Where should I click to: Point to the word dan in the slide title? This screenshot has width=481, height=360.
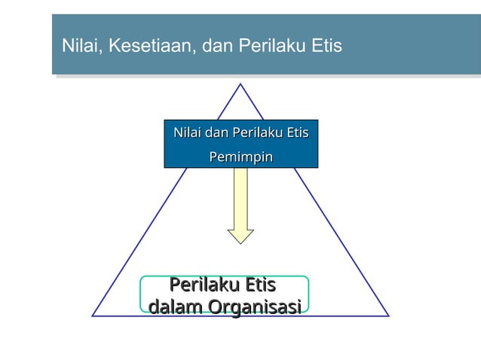click(x=218, y=47)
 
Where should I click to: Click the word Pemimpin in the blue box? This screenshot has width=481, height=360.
click(x=240, y=157)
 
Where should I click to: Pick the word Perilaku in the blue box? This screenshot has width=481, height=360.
click(x=258, y=133)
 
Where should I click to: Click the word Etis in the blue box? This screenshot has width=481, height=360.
click(x=297, y=133)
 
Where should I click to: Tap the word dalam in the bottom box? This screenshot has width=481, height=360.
click(x=175, y=307)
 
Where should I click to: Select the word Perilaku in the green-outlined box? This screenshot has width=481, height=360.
click(x=201, y=285)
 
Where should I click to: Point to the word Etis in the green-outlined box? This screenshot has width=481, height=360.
click(x=255, y=285)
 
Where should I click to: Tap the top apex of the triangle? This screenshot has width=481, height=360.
click(x=240, y=84)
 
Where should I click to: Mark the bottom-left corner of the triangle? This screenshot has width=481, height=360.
click(x=93, y=316)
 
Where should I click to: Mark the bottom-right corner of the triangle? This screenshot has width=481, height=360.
click(x=388, y=316)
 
